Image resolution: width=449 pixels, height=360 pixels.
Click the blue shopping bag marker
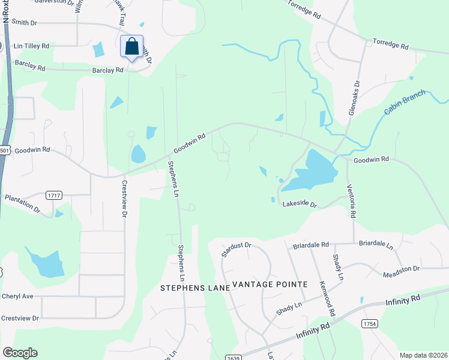click(132, 47)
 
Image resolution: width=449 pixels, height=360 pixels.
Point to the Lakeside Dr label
click(300, 204)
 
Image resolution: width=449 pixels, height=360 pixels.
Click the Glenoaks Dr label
click(354, 98)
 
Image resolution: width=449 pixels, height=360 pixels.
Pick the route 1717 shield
click(54, 196)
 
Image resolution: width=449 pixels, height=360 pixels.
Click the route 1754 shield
click(369, 323)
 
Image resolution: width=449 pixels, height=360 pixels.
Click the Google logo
click(20, 353)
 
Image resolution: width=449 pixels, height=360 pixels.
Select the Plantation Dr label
click(22, 205)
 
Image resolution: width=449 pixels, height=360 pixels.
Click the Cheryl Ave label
click(17, 296)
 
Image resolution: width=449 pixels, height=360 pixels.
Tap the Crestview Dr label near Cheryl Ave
click(20, 318)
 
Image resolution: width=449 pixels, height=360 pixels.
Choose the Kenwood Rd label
click(328, 296)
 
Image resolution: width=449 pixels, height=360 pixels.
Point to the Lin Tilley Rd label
click(31, 46)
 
